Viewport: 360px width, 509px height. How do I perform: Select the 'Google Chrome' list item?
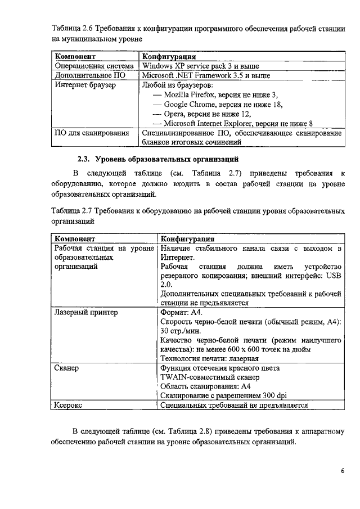223,105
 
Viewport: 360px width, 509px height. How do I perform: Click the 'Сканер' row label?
66,368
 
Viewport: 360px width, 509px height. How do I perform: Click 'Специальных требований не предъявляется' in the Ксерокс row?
234,405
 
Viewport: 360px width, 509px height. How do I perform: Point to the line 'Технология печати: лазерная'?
209,358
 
